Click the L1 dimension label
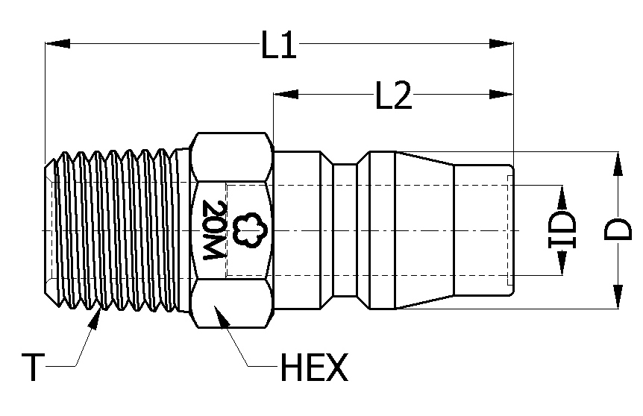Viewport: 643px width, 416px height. [x=279, y=46]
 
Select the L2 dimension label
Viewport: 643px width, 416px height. [x=393, y=96]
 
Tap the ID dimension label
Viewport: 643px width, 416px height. [x=562, y=230]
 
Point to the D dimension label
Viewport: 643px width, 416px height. [x=618, y=230]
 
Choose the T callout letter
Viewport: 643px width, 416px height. [x=32, y=368]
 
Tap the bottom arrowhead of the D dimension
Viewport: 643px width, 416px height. [x=618, y=296]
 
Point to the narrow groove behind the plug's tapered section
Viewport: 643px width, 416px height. [x=344, y=230]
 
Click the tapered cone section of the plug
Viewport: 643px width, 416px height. [x=424, y=230]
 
